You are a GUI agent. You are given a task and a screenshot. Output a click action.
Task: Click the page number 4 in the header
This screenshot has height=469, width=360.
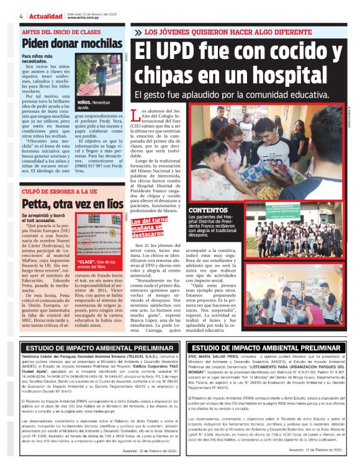tap(22, 15)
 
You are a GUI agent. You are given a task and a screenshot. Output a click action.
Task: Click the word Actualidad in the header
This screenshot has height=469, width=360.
tap(45, 15)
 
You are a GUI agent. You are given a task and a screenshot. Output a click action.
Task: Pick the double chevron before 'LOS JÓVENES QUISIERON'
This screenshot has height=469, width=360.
tap(137, 32)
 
